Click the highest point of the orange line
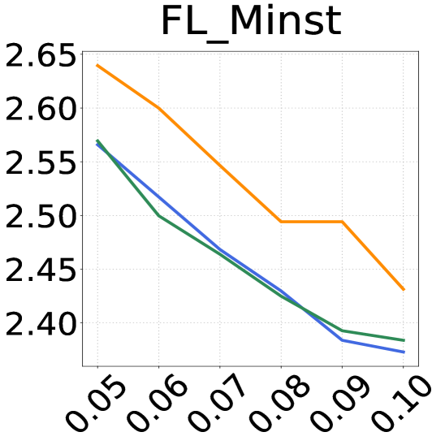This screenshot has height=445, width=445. click(97, 65)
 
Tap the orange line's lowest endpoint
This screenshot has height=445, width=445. click(404, 290)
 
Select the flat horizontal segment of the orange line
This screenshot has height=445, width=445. click(311, 221)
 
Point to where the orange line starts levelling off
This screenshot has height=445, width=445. click(281, 221)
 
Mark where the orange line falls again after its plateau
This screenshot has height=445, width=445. click(342, 221)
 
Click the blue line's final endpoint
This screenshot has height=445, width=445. click(404, 352)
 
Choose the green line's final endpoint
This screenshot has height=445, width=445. click(404, 340)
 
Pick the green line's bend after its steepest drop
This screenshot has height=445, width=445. click(159, 216)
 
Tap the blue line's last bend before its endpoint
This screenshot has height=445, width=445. click(342, 339)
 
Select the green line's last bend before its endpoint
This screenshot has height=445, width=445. click(342, 331)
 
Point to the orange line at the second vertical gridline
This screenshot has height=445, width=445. click(159, 108)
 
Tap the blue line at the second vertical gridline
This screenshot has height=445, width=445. click(159, 197)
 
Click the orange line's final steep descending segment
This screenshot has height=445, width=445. click(373, 256)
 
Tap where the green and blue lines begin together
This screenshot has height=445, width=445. click(97, 142)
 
